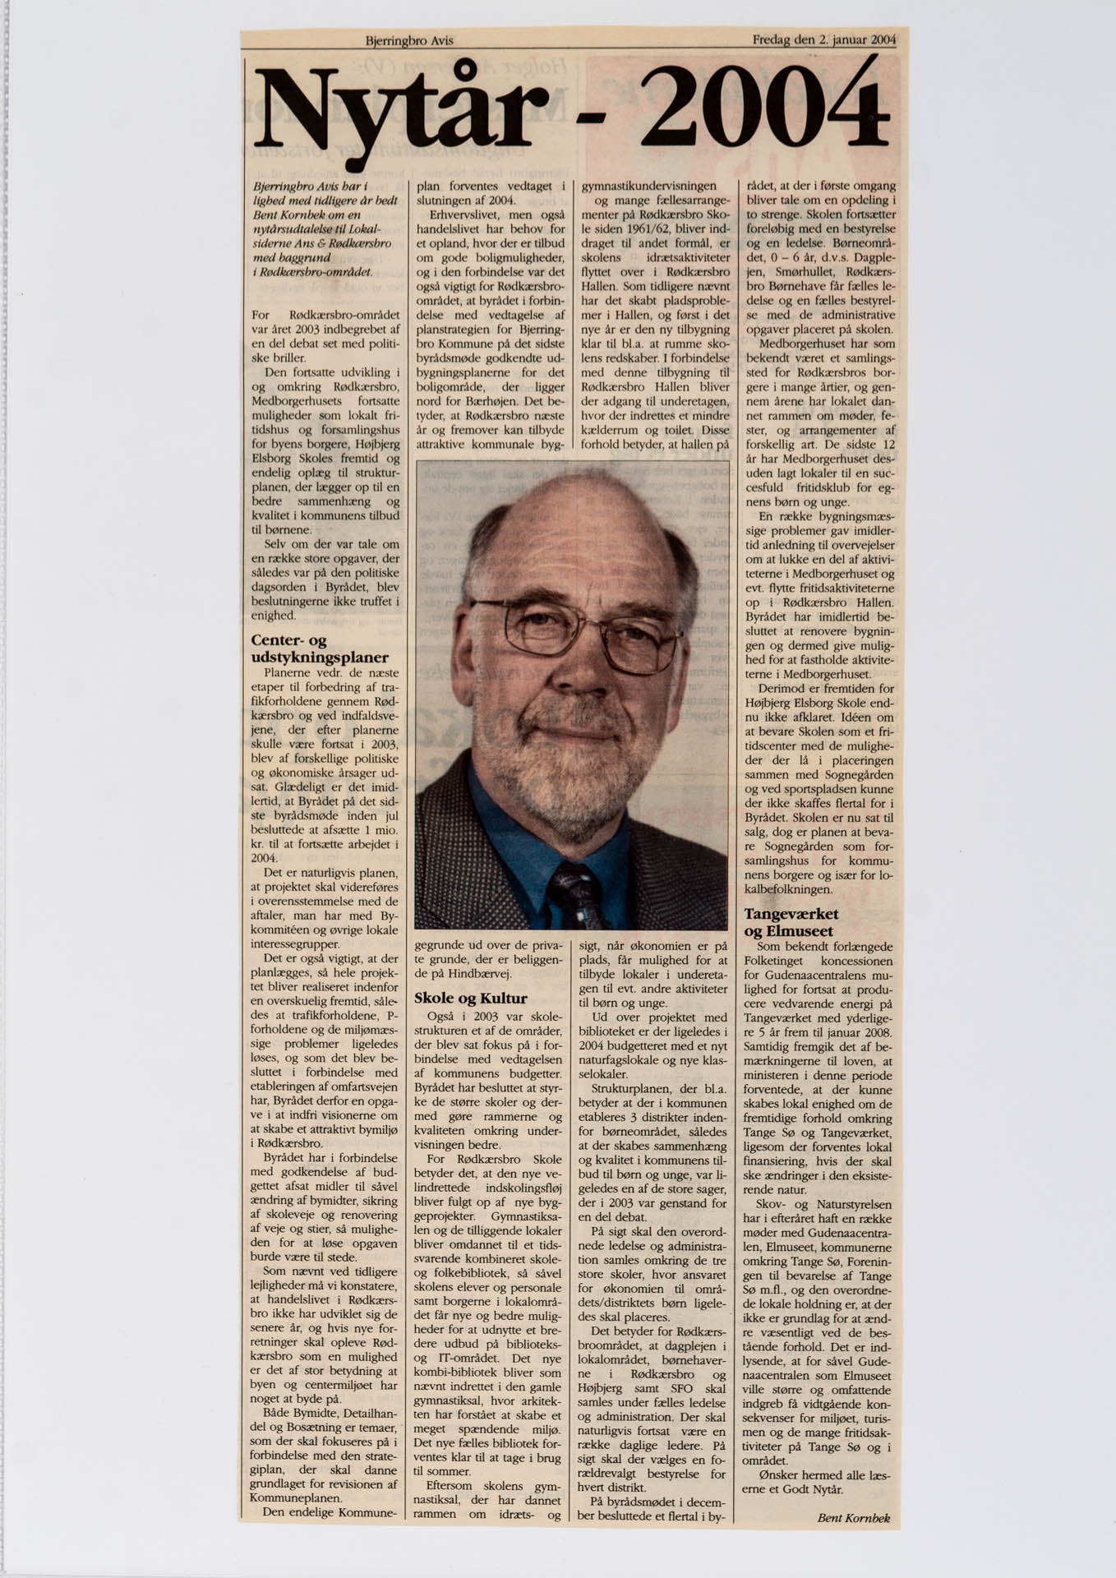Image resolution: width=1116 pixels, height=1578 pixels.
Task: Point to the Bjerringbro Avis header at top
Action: [x=409, y=40]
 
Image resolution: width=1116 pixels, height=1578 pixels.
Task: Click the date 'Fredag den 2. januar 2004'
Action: [x=823, y=39]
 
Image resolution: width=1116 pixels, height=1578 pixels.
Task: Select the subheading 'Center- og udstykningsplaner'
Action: [x=319, y=648]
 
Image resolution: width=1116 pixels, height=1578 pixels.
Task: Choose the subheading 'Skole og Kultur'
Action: [x=470, y=999]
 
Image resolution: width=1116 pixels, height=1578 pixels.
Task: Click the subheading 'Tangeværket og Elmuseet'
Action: [x=791, y=922]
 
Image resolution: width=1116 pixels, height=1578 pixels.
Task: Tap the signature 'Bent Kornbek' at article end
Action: [x=854, y=1518]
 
